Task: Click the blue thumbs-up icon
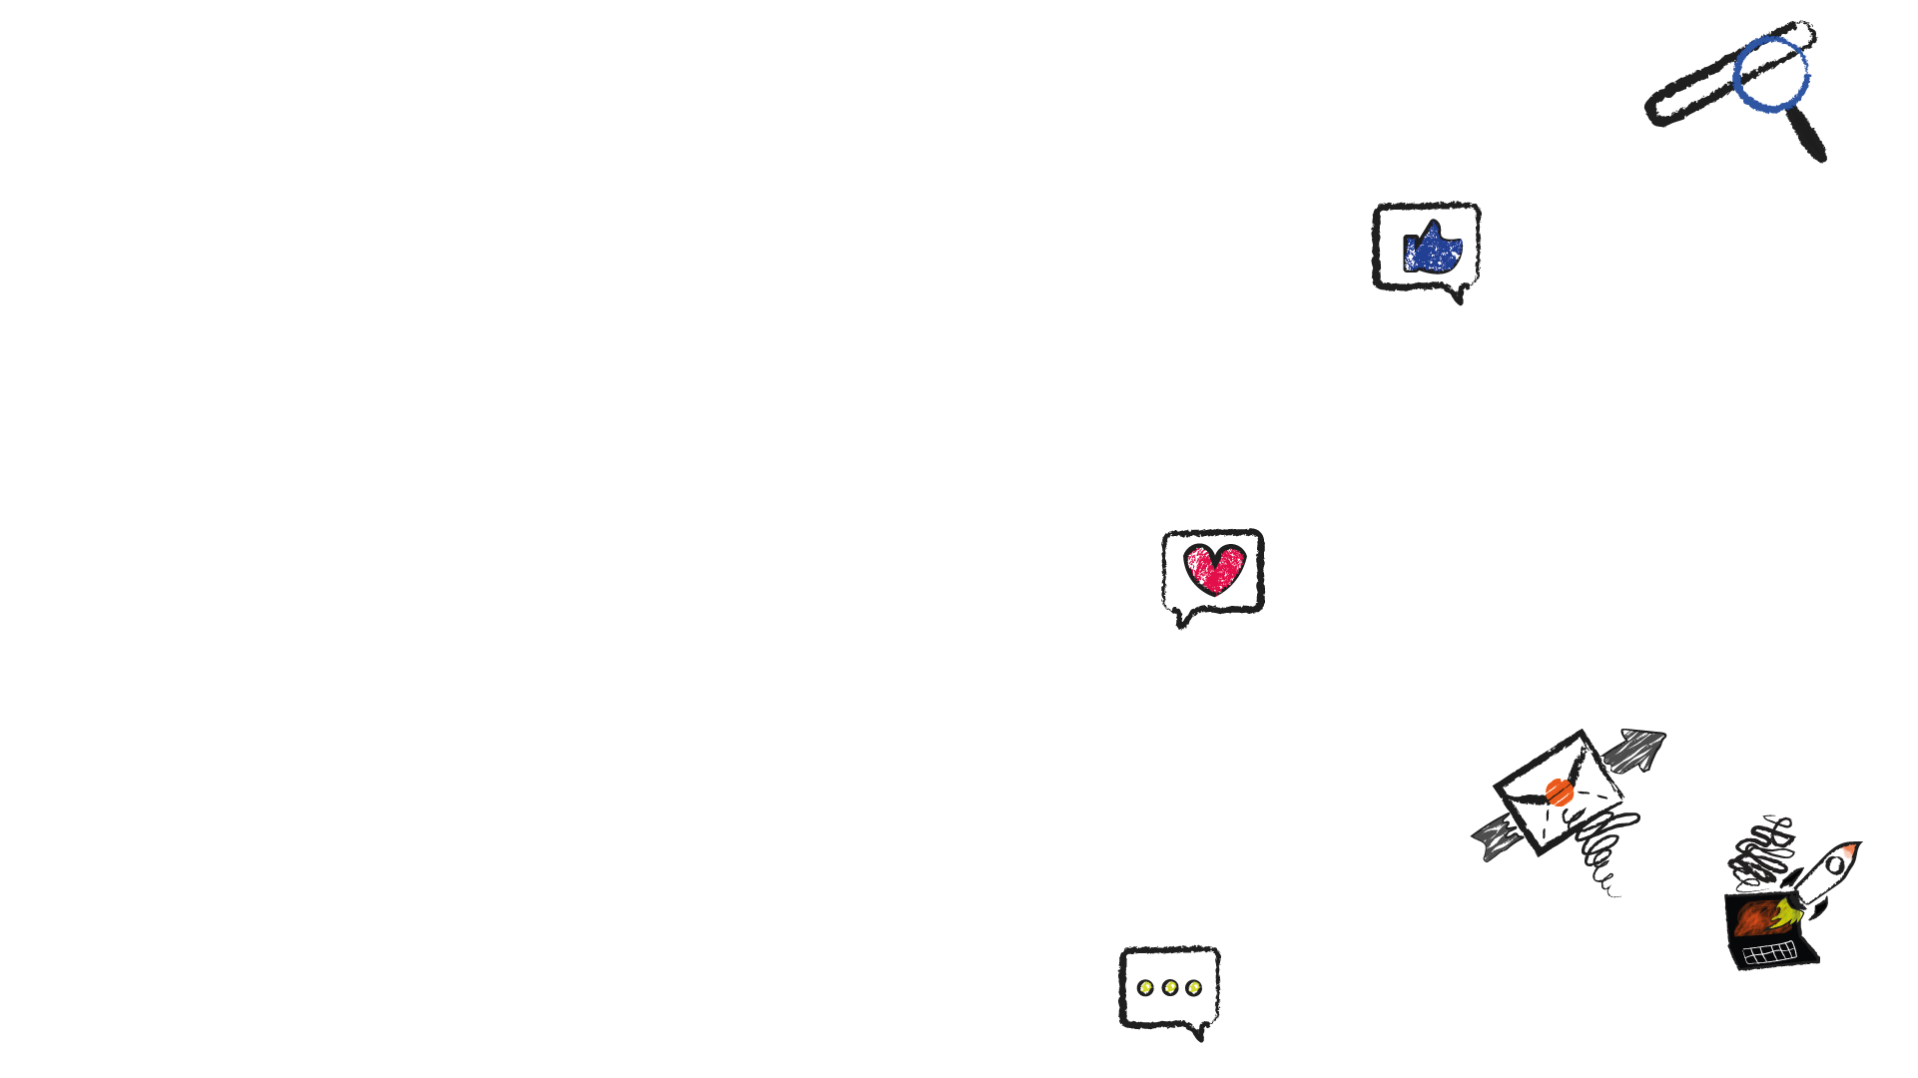coord(1433,248)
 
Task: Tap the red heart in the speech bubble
coord(1214,569)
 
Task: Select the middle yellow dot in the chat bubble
coord(1170,988)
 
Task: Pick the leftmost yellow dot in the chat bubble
coord(1145,988)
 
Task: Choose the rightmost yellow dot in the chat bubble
coord(1194,988)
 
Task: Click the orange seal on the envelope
coord(1559,793)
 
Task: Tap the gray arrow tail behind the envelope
coord(1493,837)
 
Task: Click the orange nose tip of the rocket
coord(1849,849)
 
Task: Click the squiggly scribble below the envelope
coord(1601,853)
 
